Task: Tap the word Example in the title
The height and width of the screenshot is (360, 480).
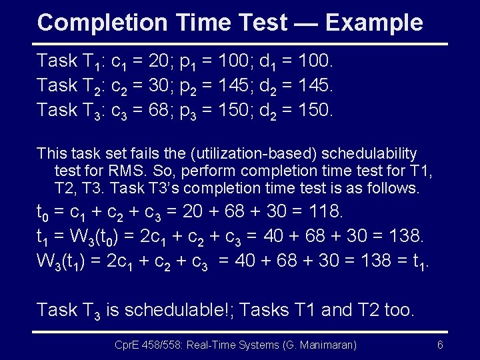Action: tap(374, 23)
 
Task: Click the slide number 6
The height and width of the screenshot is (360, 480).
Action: tap(440, 345)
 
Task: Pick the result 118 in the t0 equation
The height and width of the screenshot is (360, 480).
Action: tap(323, 212)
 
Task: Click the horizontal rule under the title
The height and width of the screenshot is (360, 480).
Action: tap(240, 44)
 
